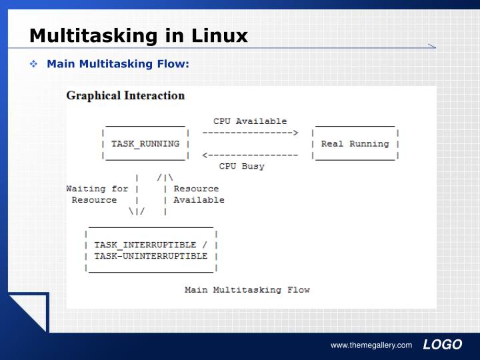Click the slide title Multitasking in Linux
pos(138,35)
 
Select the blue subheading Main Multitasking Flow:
pos(118,64)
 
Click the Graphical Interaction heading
pos(125,95)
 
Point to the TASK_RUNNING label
pos(145,144)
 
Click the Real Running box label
pos(355,144)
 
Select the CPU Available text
pos(250,121)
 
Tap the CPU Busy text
pos(241,167)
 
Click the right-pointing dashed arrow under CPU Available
pos(250,133)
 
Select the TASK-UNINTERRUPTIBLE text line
pos(151,256)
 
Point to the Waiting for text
pos(97,189)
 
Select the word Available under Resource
pos(199,200)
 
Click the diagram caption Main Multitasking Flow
pos(247,290)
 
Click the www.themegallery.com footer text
pos(371,345)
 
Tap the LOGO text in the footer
pos(442,345)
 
